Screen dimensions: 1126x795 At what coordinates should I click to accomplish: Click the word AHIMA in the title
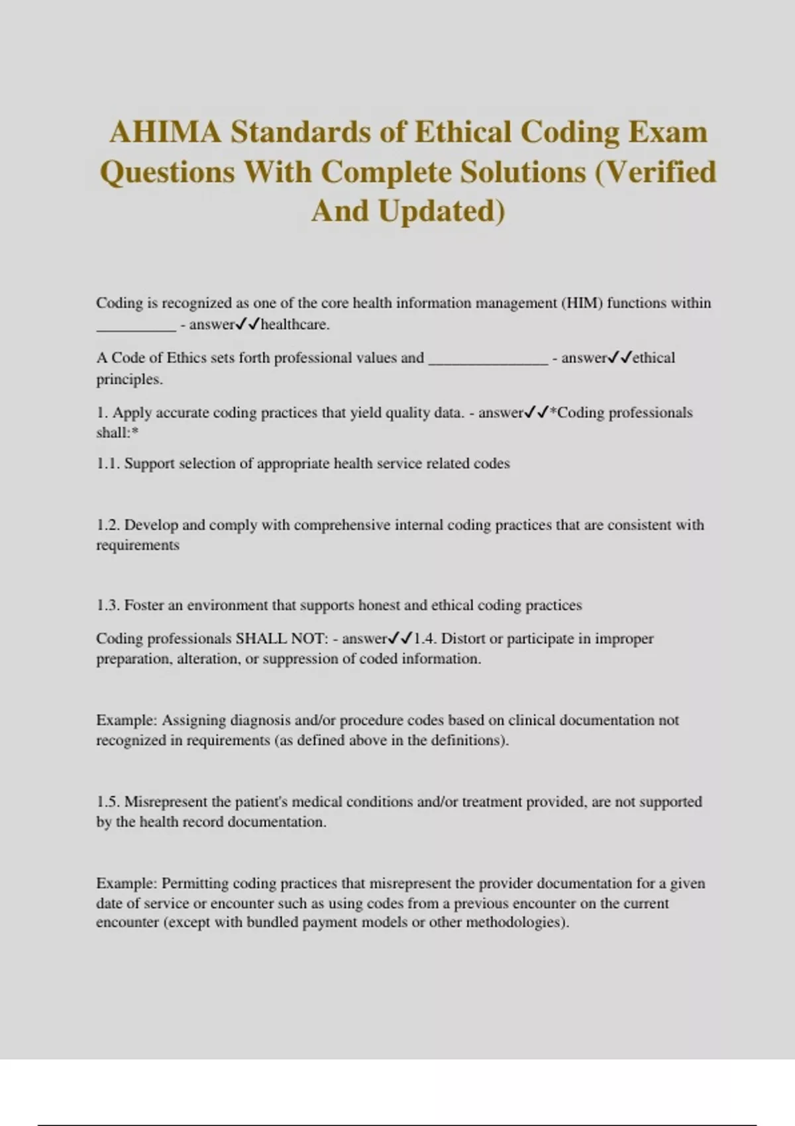(x=165, y=132)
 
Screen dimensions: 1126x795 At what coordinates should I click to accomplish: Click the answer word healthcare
(x=295, y=325)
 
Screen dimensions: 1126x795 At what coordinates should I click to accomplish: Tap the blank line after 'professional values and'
(x=488, y=360)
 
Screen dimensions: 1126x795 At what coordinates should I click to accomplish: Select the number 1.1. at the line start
(x=108, y=464)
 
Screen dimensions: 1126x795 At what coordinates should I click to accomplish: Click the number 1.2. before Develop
(x=108, y=525)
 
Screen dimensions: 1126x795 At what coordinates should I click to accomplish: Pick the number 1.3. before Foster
(x=108, y=605)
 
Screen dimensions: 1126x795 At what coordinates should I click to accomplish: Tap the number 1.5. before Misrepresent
(x=108, y=802)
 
